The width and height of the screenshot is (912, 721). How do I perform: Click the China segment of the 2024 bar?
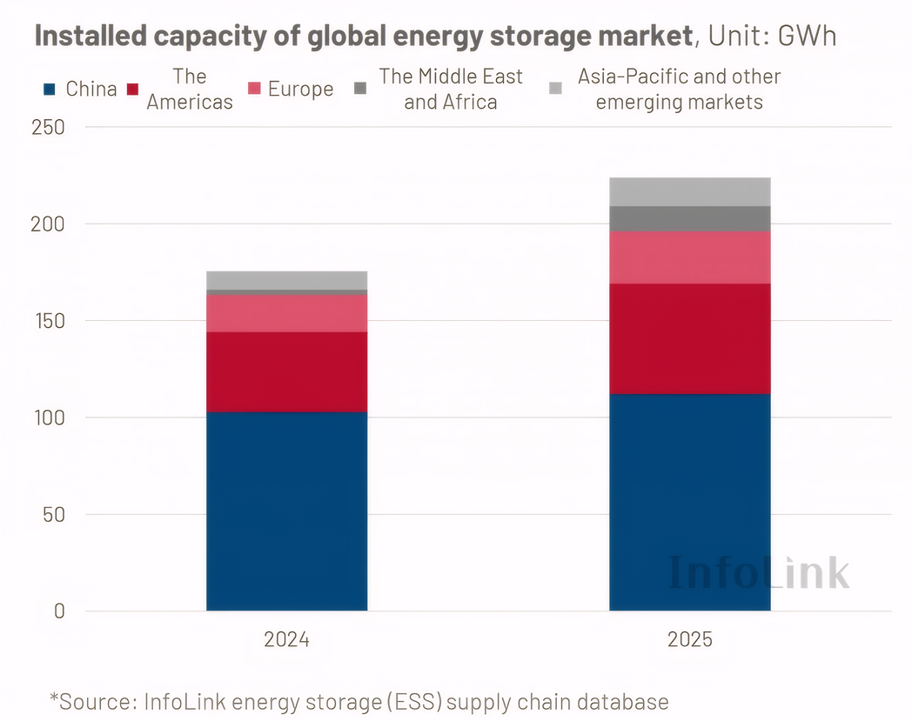click(286, 511)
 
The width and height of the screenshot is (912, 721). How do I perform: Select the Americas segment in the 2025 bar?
click(689, 338)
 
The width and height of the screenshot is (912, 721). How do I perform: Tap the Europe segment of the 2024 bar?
click(286, 313)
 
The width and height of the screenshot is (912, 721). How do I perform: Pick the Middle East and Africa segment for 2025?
click(689, 218)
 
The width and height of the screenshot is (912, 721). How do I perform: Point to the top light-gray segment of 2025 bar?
click(689, 191)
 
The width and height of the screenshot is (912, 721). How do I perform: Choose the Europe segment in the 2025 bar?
click(689, 257)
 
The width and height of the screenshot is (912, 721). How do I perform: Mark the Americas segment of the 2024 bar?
click(286, 371)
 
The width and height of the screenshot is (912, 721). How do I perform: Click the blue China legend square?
click(50, 89)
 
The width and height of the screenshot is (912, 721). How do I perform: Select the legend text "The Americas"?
click(189, 89)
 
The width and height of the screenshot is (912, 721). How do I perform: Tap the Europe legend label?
click(300, 89)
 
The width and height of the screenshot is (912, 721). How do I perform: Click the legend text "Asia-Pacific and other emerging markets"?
click(679, 89)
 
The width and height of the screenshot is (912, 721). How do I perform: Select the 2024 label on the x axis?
click(286, 640)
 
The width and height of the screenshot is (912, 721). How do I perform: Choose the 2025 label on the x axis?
click(689, 640)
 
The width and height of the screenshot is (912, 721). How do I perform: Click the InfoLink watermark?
click(759, 571)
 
